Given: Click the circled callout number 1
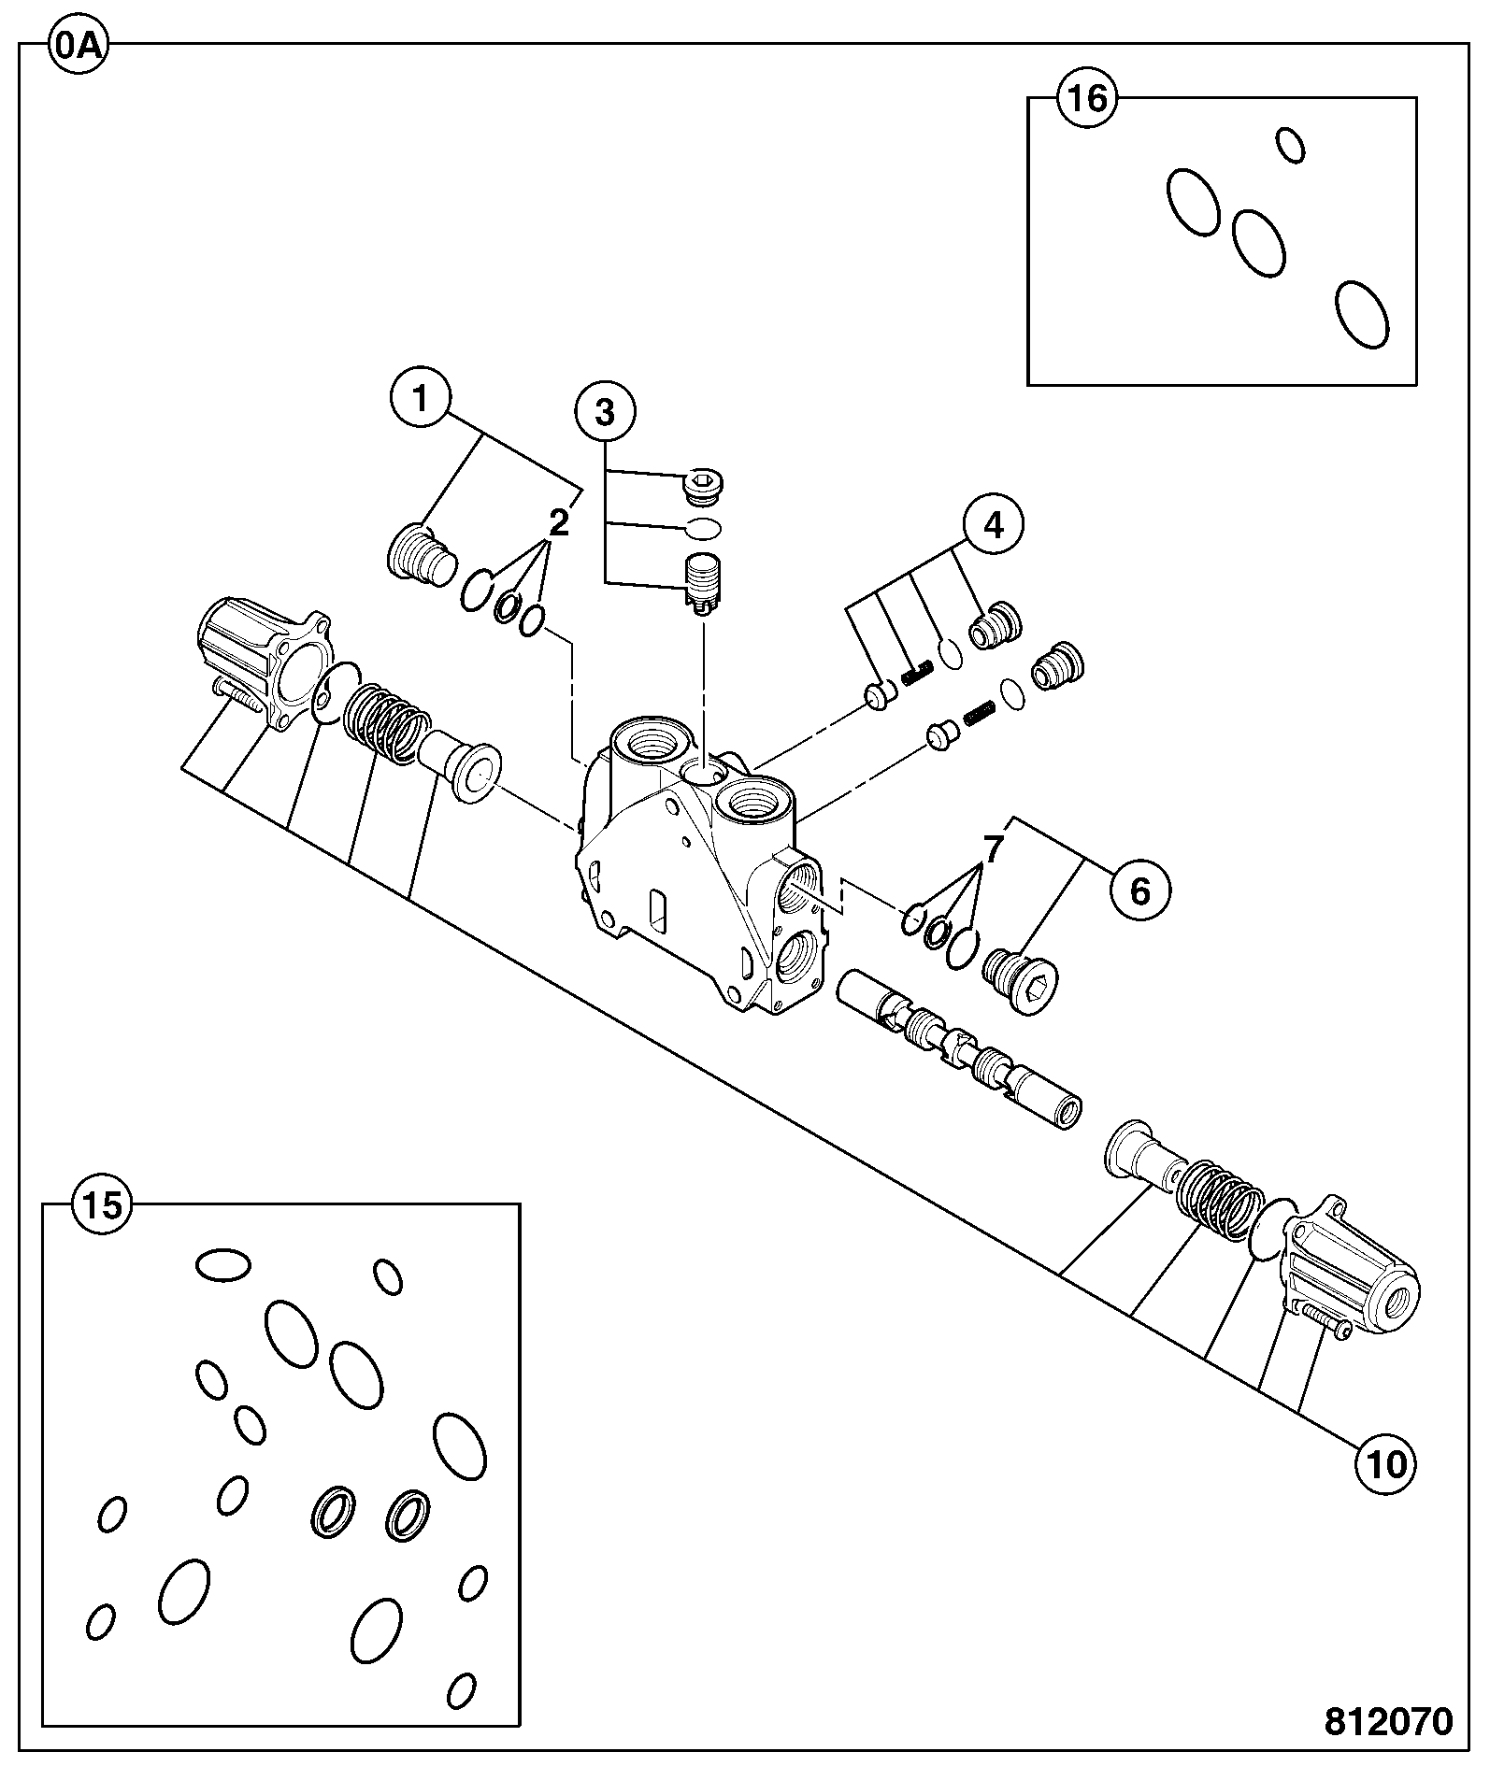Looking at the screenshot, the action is (421, 400).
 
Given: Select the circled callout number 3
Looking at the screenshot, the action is (605, 411).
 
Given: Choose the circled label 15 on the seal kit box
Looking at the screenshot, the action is (103, 1205).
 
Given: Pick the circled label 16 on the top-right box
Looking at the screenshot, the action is (1088, 98).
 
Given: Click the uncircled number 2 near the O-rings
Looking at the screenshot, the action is (558, 523).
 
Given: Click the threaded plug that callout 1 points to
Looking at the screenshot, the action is (422, 556).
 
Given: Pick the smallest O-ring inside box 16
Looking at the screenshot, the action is (1291, 145).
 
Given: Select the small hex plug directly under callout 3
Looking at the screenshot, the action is (704, 486).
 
